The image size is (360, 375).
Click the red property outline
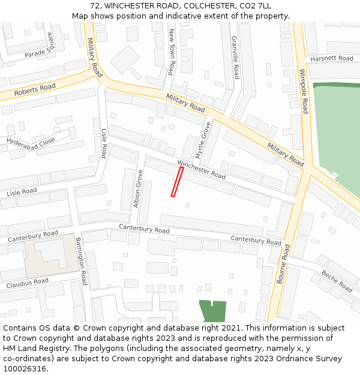click(177, 182)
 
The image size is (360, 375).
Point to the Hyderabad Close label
click(31, 141)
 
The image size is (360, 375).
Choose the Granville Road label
click(235, 57)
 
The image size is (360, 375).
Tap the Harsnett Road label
click(331, 58)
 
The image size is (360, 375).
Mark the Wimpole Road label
click(304, 91)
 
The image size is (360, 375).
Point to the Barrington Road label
click(81, 261)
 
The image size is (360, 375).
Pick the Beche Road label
click(337, 280)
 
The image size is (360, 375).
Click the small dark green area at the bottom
click(212, 311)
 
